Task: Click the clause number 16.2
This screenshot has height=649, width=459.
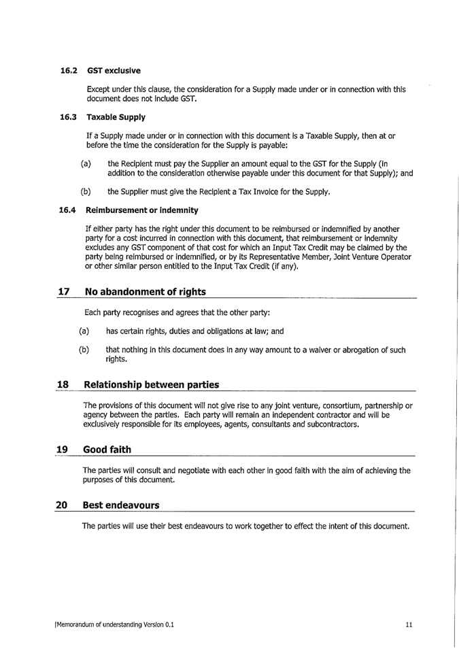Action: click(x=69, y=71)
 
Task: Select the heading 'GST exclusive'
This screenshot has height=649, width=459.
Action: click(x=114, y=71)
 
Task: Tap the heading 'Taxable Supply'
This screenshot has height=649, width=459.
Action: click(x=116, y=117)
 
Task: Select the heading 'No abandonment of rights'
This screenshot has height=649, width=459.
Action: click(x=144, y=292)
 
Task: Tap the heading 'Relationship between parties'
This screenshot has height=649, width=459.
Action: click(x=150, y=385)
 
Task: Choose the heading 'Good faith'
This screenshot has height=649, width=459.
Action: click(x=107, y=450)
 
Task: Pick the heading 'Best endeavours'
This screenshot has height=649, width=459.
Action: click(x=120, y=505)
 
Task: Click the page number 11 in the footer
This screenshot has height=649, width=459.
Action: click(x=409, y=625)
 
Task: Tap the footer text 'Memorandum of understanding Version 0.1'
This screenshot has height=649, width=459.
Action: click(x=115, y=625)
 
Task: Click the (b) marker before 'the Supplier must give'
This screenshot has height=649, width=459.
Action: click(x=86, y=192)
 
